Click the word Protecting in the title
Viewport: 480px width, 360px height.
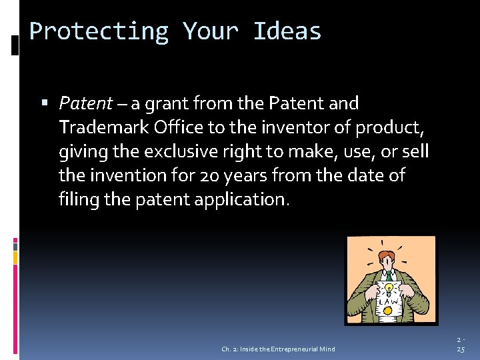[99, 31]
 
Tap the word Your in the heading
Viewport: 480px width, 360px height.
[211, 31]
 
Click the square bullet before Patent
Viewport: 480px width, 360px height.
[45, 104]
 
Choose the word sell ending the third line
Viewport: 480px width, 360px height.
[415, 151]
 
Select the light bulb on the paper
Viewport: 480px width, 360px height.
[385, 289]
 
